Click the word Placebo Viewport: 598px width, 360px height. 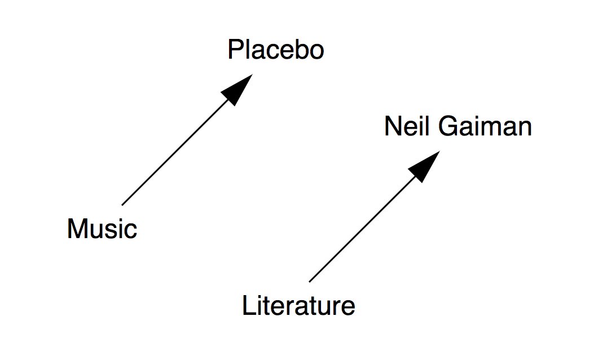coord(276,50)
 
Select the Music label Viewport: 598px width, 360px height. coord(102,229)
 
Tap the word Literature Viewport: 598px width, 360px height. coord(298,306)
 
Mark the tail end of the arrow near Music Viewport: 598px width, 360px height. coord(123,204)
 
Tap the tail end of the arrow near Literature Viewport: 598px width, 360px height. coord(310,280)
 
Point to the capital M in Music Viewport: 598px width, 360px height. coord(76,229)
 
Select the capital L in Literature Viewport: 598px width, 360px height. coord(248,306)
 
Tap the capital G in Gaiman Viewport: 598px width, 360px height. coord(449,127)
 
